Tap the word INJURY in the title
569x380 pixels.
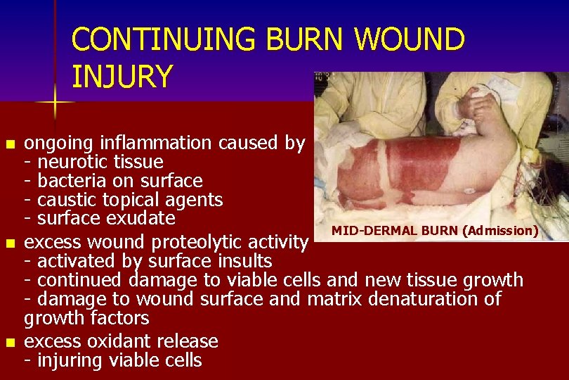[122, 76]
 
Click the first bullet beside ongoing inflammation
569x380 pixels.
[9, 145]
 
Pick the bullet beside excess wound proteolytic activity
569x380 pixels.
[9, 244]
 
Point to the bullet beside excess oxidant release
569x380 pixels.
[9, 343]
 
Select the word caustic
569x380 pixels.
[67, 201]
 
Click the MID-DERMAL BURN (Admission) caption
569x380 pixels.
[435, 230]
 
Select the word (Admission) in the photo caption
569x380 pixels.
[500, 230]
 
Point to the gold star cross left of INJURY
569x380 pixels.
[55, 103]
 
